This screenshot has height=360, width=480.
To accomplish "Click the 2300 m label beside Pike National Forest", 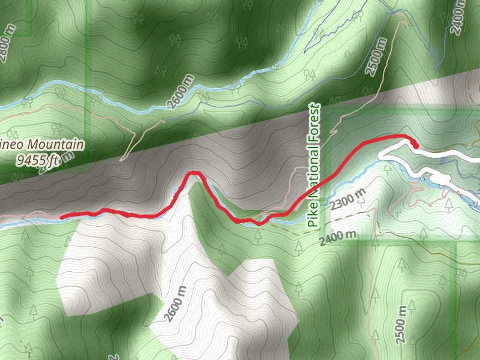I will [347, 200].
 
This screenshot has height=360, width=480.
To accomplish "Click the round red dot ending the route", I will [415, 144].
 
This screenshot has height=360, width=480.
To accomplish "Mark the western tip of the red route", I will [62, 216].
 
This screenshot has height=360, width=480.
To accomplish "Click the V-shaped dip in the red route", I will [259, 224].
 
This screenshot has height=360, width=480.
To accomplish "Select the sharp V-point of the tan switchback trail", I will [123, 160].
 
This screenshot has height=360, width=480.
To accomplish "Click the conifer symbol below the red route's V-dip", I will [258, 235].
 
